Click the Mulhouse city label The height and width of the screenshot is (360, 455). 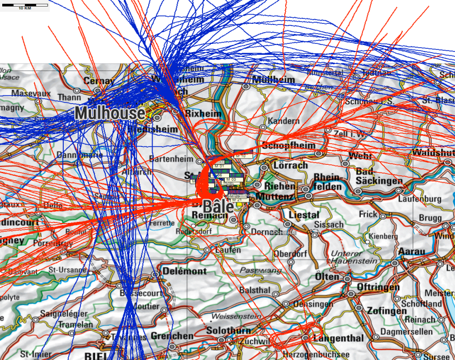point(109,113)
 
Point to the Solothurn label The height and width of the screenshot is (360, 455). point(206,331)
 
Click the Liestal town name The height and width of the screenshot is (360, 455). point(304,214)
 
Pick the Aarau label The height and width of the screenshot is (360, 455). point(412,251)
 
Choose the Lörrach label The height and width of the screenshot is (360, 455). point(290,165)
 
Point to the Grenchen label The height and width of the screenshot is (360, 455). point(171,336)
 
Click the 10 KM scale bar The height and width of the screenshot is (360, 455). point(24,6)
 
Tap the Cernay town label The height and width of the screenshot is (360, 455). point(98,80)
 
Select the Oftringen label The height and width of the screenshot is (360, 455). point(377,287)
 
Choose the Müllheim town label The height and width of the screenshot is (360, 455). point(274,80)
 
